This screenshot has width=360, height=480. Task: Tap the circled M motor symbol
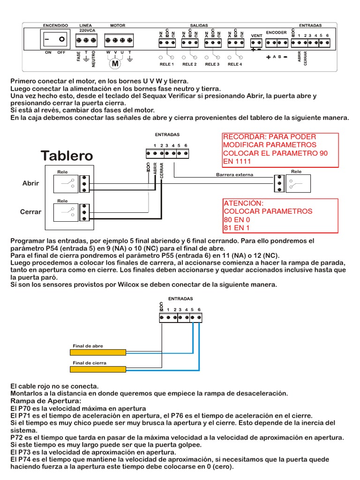coord(115,63)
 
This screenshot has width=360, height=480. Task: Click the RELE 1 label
coord(166,64)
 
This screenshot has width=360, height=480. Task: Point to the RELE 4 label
coord(235,64)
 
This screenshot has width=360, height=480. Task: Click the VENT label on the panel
coord(256,36)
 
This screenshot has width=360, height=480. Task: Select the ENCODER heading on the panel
coord(276,32)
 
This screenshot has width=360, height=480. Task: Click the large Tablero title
coord(67,155)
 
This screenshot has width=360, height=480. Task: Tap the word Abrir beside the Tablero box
coord(31,183)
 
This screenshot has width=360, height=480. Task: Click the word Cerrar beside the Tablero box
coord(31,212)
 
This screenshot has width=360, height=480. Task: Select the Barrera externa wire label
coord(234,174)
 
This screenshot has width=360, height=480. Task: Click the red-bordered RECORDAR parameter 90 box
coord(280,150)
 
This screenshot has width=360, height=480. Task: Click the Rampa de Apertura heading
coord(45,401)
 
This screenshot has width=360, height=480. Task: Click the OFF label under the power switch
coord(61,52)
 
